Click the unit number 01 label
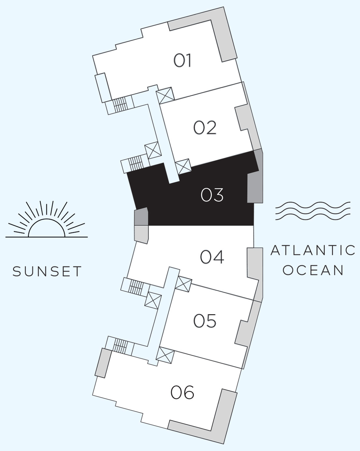click(182, 61)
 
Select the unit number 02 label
click(205, 127)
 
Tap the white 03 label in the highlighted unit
click(212, 195)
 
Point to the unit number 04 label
click(212, 257)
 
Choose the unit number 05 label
click(205, 321)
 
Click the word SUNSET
click(47, 271)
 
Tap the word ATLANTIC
click(313, 250)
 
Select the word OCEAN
click(313, 270)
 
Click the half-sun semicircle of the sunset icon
click(47, 219)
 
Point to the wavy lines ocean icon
click(313, 211)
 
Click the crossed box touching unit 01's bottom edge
click(166, 95)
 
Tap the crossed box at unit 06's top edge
click(165, 355)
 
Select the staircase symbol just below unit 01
click(120, 105)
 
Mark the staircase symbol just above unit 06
click(120, 346)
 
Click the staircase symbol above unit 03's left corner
click(136, 163)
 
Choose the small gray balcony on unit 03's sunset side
click(141, 216)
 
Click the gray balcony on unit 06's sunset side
click(103, 363)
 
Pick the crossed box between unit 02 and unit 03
click(183, 166)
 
